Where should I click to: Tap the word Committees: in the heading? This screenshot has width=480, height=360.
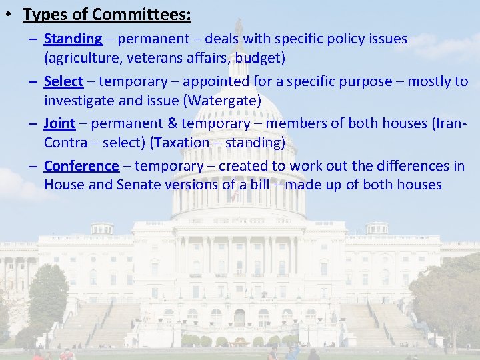coord(140,14)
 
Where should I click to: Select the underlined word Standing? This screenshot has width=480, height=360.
coord(73,39)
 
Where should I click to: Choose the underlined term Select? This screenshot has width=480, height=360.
coord(63,82)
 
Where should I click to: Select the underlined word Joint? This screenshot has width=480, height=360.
coord(59,124)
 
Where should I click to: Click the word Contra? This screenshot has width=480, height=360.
coord(65,143)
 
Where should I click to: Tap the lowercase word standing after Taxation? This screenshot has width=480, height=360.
coord(252,143)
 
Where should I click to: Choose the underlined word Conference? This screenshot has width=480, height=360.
coord(81,166)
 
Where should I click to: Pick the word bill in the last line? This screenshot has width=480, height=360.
coord(257,185)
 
